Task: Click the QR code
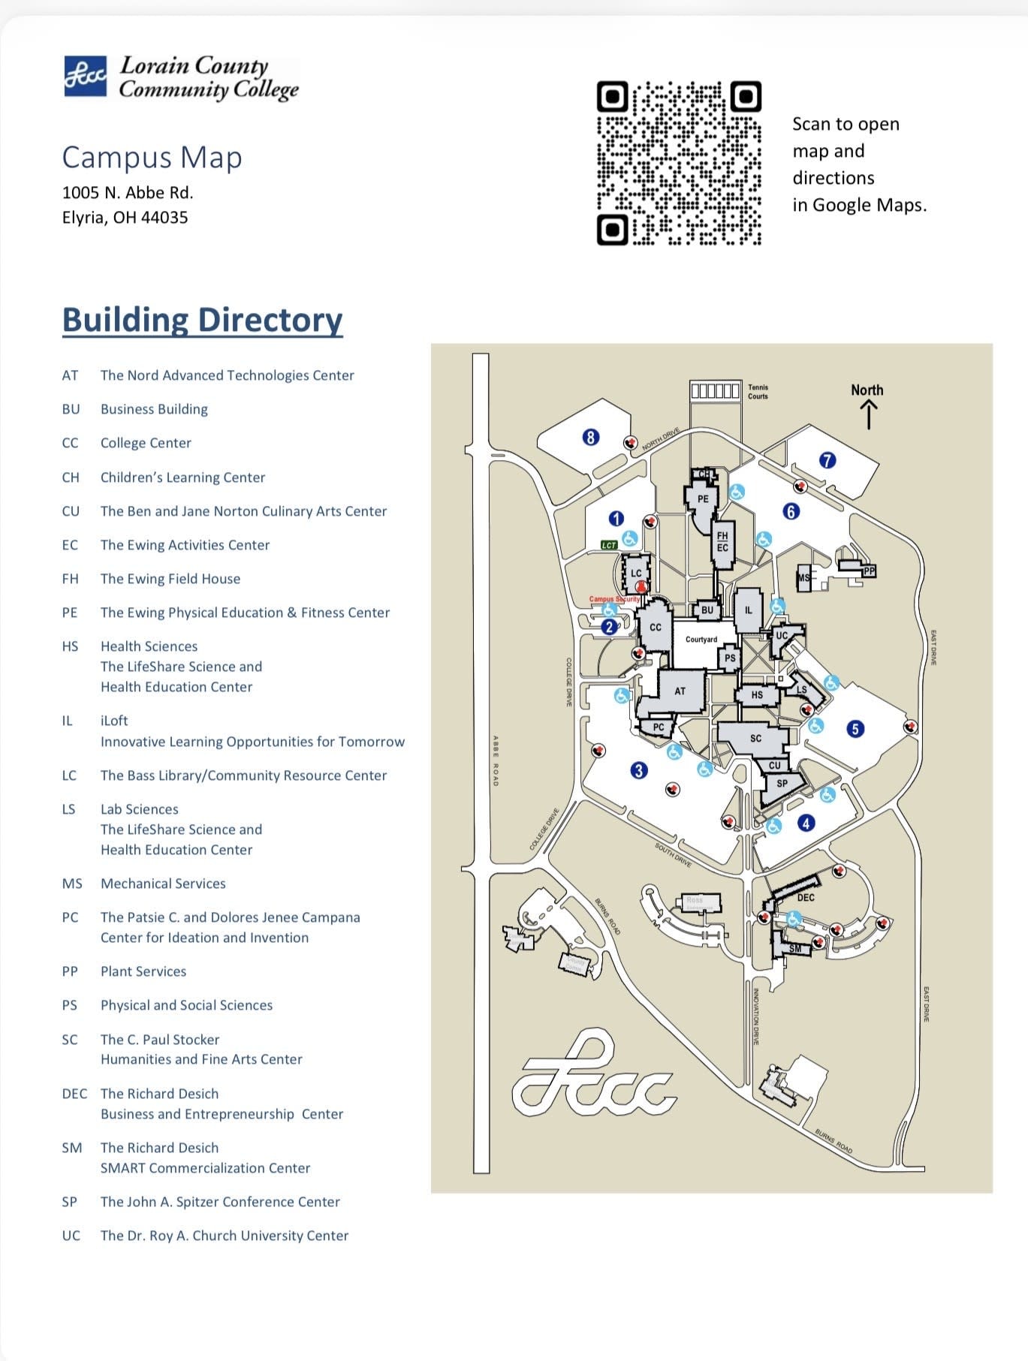pyautogui.click(x=679, y=163)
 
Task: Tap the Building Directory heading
pyautogui.click(x=202, y=320)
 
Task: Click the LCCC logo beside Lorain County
pyautogui.click(x=85, y=76)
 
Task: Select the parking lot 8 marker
pyautogui.click(x=591, y=437)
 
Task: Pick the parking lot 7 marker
pyautogui.click(x=827, y=460)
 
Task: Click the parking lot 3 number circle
pyautogui.click(x=638, y=770)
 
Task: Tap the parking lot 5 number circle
pyautogui.click(x=855, y=728)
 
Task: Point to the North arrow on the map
pyautogui.click(x=868, y=414)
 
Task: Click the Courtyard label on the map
pyautogui.click(x=701, y=640)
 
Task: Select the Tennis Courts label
pyautogui.click(x=758, y=392)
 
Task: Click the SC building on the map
pyautogui.click(x=755, y=738)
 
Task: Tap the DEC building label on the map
pyautogui.click(x=805, y=897)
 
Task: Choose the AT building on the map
pyautogui.click(x=680, y=691)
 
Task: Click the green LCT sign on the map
pyautogui.click(x=609, y=545)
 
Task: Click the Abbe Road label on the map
pyautogui.click(x=496, y=760)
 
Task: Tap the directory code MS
pyautogui.click(x=72, y=884)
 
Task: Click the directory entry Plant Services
pyautogui.click(x=143, y=971)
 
